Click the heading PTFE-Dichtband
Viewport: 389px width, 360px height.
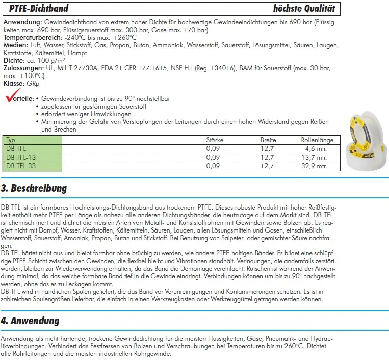39,9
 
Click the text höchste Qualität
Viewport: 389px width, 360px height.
304,9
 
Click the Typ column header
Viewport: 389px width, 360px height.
11,140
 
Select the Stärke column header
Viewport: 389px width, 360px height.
215,140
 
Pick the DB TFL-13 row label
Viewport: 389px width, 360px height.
21,157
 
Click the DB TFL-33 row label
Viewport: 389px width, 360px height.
21,166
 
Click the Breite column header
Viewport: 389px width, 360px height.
268,140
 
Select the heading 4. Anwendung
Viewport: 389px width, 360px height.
30,321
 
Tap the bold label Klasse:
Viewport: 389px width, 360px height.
14,83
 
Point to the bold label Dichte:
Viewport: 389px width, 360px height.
15,60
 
